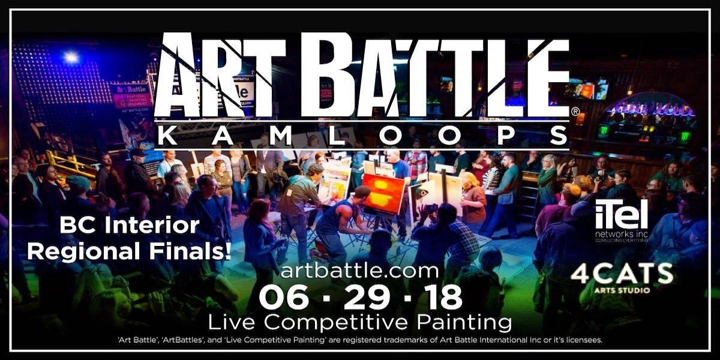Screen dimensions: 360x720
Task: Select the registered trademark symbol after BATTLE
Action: click(575, 112)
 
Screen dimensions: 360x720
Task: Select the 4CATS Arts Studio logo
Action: click(622, 277)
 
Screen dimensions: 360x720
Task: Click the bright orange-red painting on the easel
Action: click(383, 193)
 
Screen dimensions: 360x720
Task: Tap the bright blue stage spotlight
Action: click(71, 58)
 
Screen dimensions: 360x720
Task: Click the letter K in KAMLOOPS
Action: click(164, 137)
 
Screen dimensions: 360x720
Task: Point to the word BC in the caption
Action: click(75, 226)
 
